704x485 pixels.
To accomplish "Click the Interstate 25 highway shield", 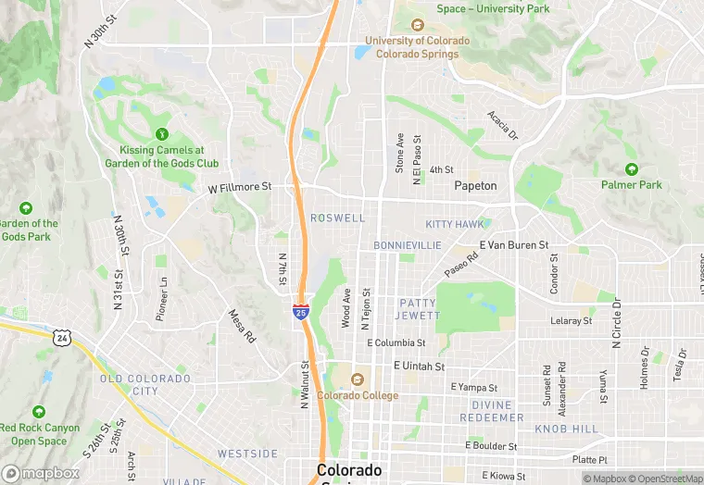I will (300, 312).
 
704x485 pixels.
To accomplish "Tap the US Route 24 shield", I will (60, 338).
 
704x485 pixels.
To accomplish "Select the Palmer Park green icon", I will (632, 169).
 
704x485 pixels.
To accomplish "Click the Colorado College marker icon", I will (358, 379).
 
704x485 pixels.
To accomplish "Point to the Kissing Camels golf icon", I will (162, 134).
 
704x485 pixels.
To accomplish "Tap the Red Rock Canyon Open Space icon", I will (38, 412).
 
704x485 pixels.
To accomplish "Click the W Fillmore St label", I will (239, 187).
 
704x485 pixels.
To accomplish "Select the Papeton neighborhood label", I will (475, 186).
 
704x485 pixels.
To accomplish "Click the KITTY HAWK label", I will (454, 225).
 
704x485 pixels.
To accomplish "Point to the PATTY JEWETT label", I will (419, 309).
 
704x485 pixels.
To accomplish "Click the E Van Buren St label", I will (514, 245).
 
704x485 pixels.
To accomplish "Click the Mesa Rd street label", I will (241, 326).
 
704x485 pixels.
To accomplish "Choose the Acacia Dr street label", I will (503, 126).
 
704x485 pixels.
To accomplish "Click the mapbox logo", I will (41, 473).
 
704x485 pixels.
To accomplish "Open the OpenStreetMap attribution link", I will (662, 479).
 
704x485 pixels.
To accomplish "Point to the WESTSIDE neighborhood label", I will (247, 454).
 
